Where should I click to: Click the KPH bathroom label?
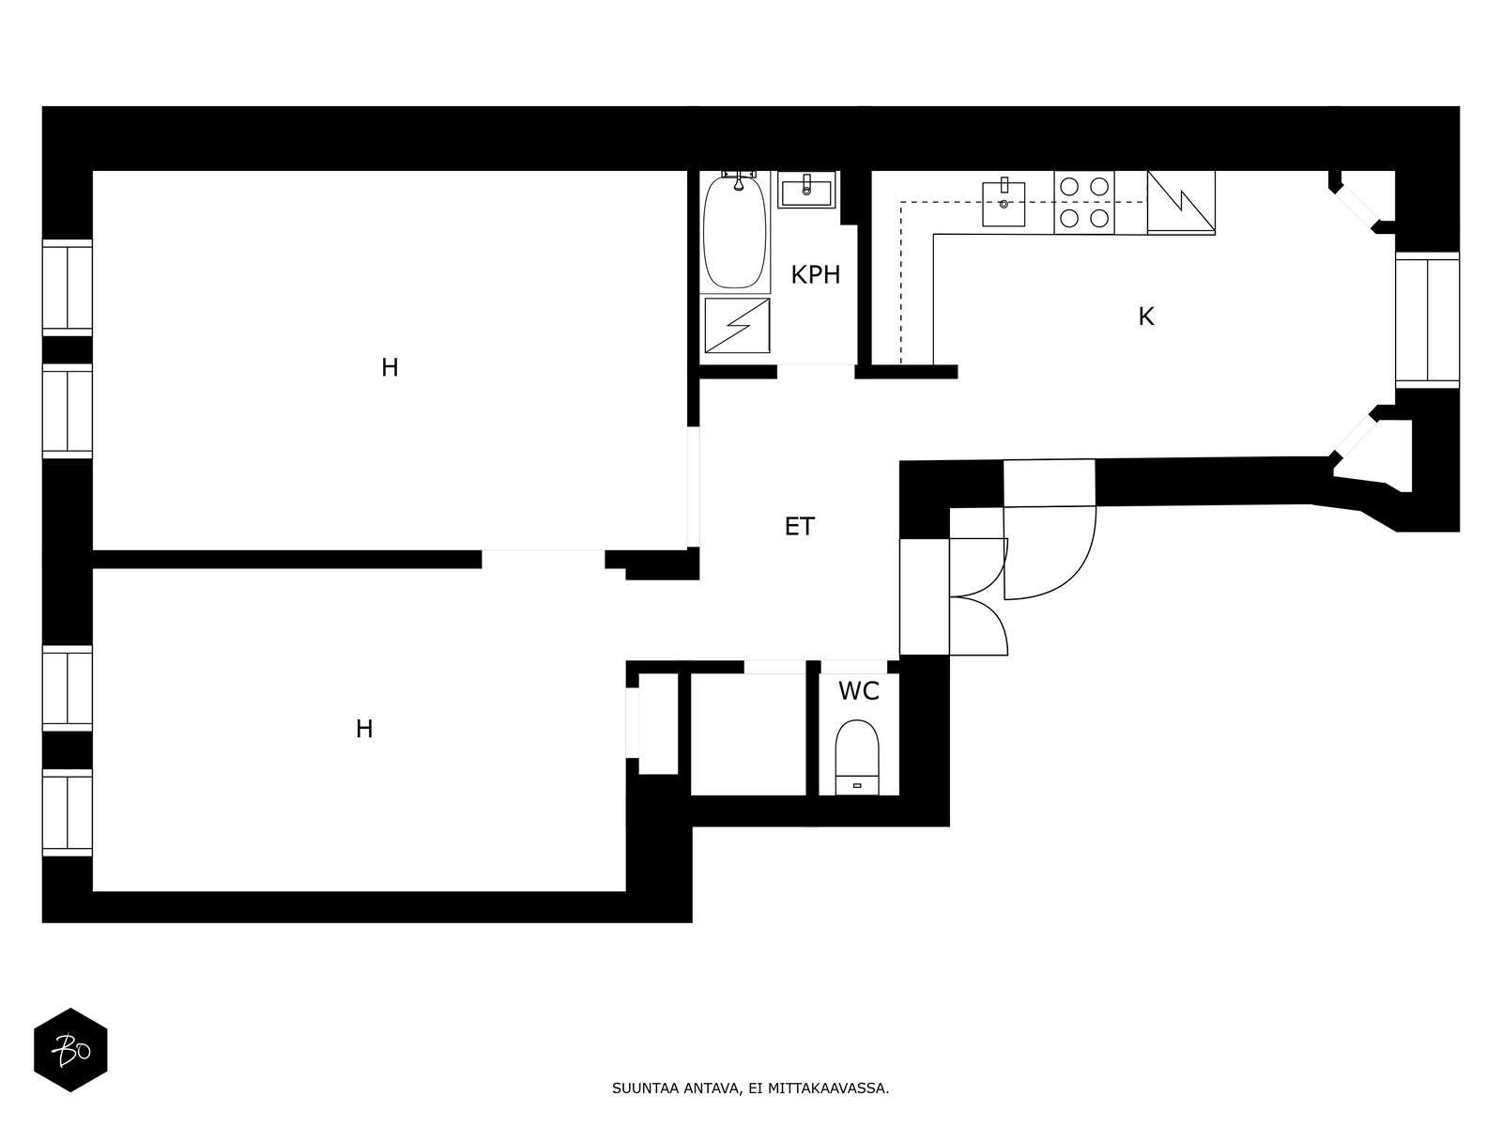(x=815, y=275)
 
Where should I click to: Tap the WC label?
(x=858, y=691)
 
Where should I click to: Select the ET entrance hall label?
(x=799, y=526)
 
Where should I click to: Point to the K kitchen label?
(x=1146, y=316)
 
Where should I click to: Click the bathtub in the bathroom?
(x=735, y=232)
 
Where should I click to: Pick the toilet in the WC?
(x=857, y=758)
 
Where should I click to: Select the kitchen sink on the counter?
(x=1004, y=203)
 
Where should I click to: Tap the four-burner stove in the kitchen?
(x=1084, y=203)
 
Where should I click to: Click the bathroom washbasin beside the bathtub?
(x=806, y=190)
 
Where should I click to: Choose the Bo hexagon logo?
(x=70, y=1050)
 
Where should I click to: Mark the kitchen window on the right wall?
(x=1428, y=320)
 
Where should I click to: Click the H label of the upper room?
(x=390, y=368)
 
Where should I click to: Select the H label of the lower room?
(x=364, y=730)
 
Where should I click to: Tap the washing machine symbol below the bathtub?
(x=737, y=326)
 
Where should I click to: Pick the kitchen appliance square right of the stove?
(x=1181, y=203)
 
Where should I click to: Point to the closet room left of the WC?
(x=748, y=734)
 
